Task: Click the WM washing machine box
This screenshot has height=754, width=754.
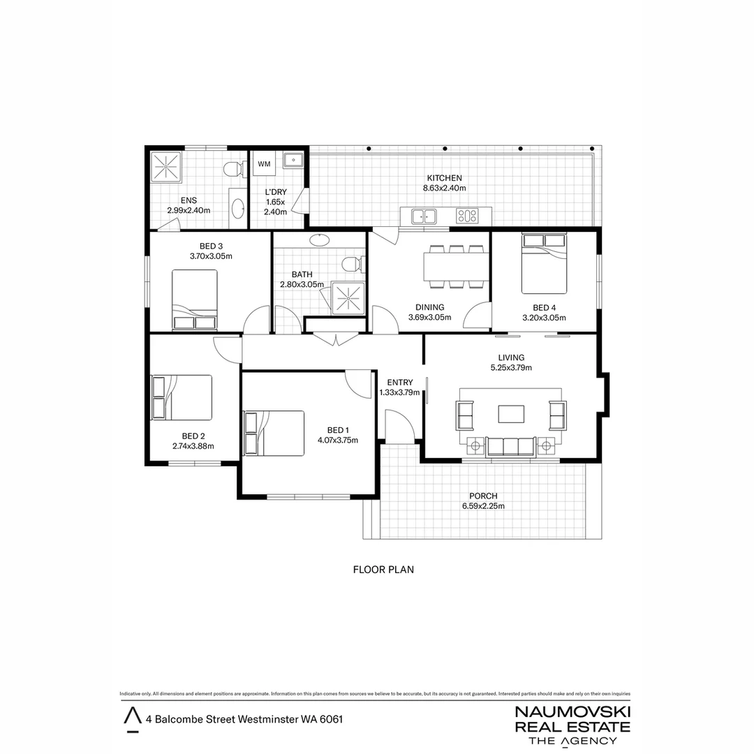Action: pyautogui.click(x=265, y=164)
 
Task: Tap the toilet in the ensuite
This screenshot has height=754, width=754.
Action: pyautogui.click(x=233, y=169)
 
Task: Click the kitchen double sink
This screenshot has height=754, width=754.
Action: pyautogui.click(x=423, y=216)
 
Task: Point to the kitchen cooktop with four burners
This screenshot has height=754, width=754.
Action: pyautogui.click(x=466, y=216)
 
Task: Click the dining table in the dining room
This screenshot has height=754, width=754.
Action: pyautogui.click(x=457, y=266)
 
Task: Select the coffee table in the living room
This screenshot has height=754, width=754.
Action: pyautogui.click(x=511, y=414)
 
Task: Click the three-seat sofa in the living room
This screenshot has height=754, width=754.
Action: pyautogui.click(x=510, y=446)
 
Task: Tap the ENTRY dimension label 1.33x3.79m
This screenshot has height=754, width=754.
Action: pyautogui.click(x=400, y=392)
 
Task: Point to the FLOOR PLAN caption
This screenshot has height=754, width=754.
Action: pyautogui.click(x=384, y=570)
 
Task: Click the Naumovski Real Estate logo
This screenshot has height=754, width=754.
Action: pyautogui.click(x=572, y=725)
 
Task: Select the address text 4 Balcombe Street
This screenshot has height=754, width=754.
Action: pyautogui.click(x=244, y=718)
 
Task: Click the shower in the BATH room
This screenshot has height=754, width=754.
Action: pyautogui.click(x=347, y=298)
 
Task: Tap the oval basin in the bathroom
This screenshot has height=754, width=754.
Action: pyautogui.click(x=319, y=239)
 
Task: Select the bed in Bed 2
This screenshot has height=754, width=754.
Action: pyautogui.click(x=182, y=397)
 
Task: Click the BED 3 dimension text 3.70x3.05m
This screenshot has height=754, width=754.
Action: pyautogui.click(x=211, y=256)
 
